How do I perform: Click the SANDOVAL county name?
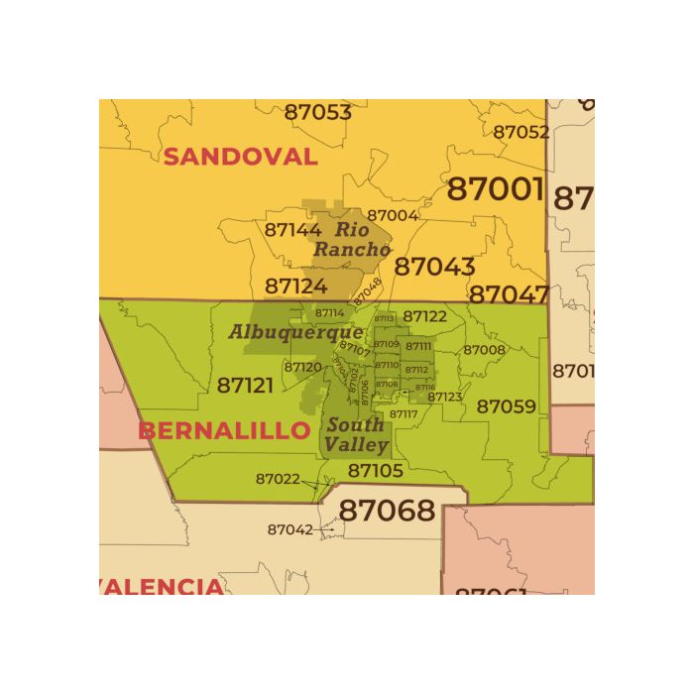point(240,157)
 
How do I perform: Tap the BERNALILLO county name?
point(224,431)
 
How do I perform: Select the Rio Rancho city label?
point(352,240)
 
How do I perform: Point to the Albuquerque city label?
point(295,332)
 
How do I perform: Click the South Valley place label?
point(356,435)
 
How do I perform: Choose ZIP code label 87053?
point(317,112)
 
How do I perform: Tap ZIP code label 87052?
point(520,132)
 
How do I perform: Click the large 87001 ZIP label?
point(496,188)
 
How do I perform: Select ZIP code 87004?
point(393,215)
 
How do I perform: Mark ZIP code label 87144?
point(292,229)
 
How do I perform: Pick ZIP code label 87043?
point(434,267)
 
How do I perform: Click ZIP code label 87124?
point(295,287)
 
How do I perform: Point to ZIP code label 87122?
point(424,317)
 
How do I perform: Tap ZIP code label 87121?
point(245,385)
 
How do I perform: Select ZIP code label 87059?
point(506,406)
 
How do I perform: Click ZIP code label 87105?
point(376,470)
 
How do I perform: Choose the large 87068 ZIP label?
point(388,511)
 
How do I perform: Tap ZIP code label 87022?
point(278,479)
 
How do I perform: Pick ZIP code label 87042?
point(289,529)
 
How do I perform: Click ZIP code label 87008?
point(484,350)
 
